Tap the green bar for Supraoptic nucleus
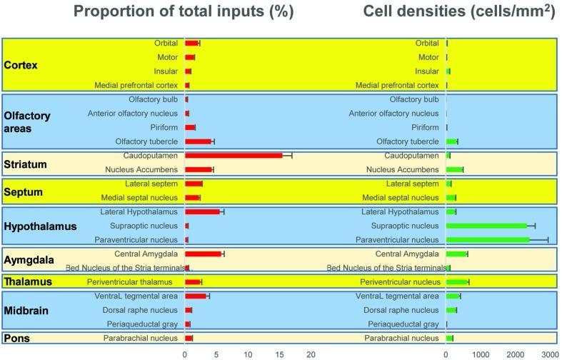pos(486,226)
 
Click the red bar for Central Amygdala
pos(204,254)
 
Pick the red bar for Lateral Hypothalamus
pos(203,212)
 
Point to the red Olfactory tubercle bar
pos(199,141)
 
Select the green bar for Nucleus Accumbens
pos(454,169)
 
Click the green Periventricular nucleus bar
pos(457,282)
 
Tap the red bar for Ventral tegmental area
pos(196,296)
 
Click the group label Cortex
pos(21,65)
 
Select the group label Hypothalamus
pos(35,226)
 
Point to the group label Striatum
pos(26,164)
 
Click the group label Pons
pos(17,338)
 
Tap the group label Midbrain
pos(27,310)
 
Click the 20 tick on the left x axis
pos(311,354)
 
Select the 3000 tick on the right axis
pos(549,354)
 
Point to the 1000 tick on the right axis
pos(481,354)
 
